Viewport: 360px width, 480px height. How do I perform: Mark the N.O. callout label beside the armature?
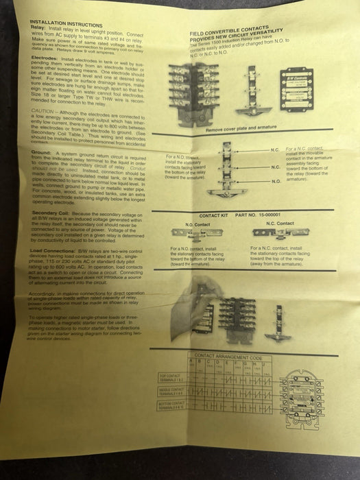click(276, 180)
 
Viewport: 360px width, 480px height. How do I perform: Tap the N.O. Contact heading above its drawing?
click(197, 224)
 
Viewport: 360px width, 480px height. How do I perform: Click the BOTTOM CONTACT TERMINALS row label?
click(173, 406)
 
